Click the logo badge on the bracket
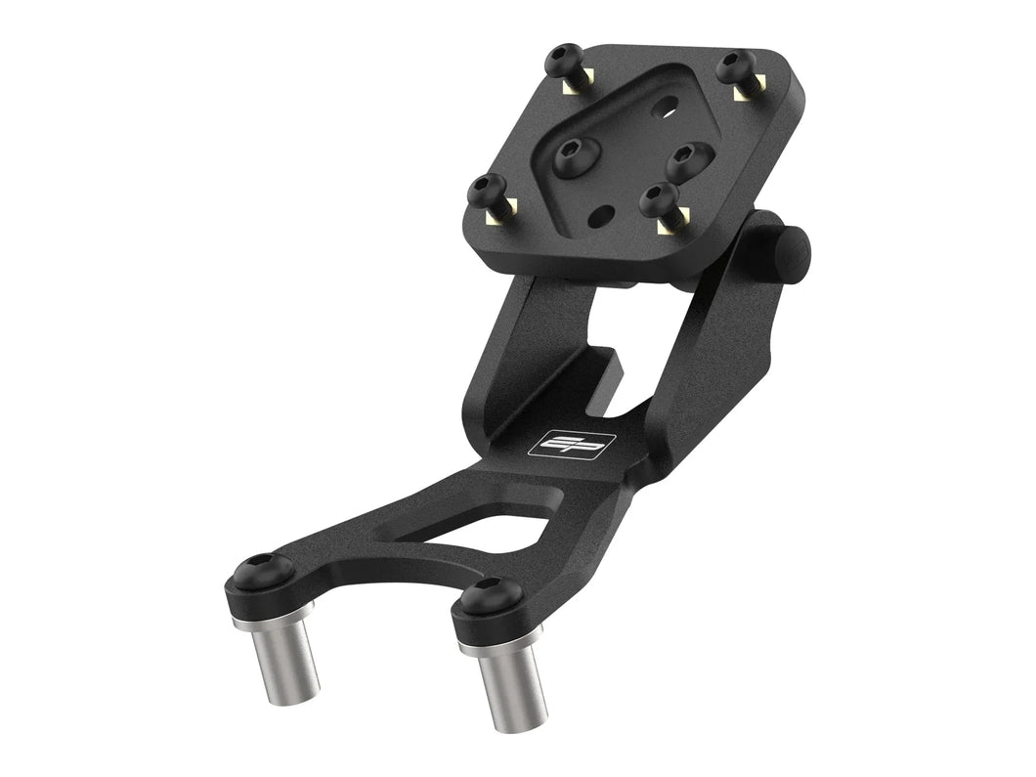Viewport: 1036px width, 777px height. [572, 442]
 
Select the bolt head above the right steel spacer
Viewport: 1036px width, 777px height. [484, 598]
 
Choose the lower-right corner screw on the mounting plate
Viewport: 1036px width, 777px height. [661, 200]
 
